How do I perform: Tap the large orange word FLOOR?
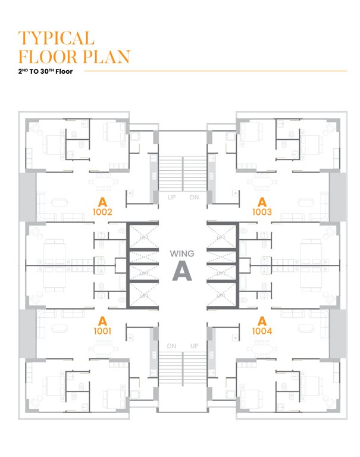[x=43, y=57]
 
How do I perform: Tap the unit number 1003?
[x=262, y=211]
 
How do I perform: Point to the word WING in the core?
[x=182, y=253]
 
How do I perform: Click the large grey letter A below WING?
[x=182, y=271]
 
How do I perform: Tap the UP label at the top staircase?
[x=171, y=197]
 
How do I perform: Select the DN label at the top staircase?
[x=194, y=197]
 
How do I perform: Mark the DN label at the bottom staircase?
[x=171, y=345]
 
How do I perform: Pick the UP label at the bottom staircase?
[x=194, y=345]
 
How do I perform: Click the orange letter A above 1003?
[x=262, y=201]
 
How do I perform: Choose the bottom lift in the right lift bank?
[x=222, y=292]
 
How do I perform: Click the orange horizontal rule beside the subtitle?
[x=214, y=71]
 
